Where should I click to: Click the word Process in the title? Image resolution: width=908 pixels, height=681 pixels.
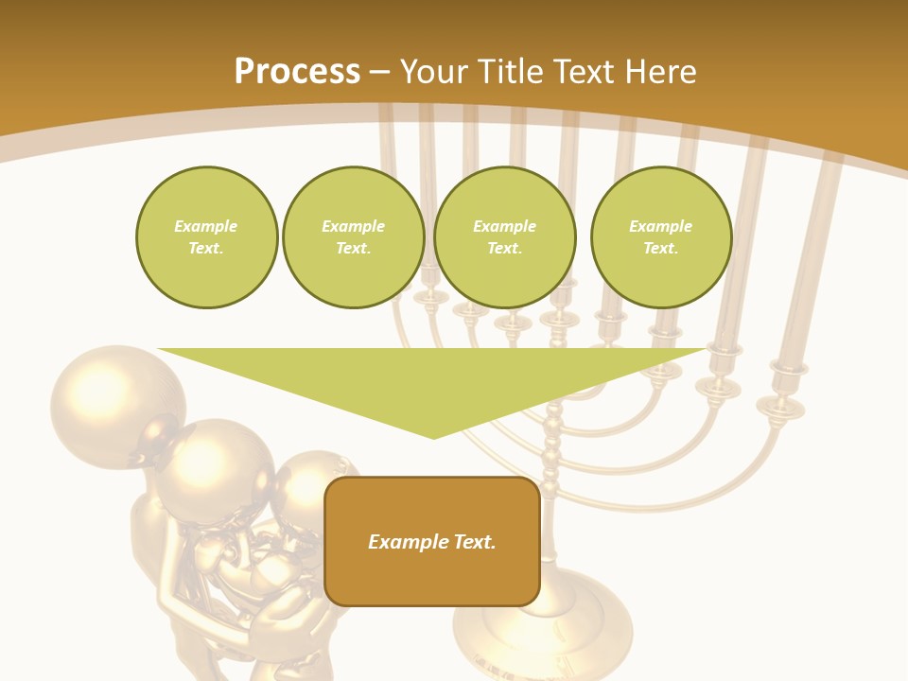[x=297, y=72]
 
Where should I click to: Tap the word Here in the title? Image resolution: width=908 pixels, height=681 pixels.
[x=660, y=72]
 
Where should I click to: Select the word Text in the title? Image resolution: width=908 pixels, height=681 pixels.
[x=585, y=72]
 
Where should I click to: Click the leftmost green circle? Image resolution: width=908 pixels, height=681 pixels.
[x=206, y=237]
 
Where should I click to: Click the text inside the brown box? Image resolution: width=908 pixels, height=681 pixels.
[x=432, y=542]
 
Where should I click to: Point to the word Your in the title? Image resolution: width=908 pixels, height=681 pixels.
[x=433, y=72]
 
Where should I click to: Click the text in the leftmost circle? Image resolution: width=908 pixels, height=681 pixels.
[x=206, y=237]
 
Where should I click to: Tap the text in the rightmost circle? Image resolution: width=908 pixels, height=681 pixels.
[x=661, y=237]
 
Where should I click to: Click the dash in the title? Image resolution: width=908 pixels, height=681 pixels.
[x=380, y=72]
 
